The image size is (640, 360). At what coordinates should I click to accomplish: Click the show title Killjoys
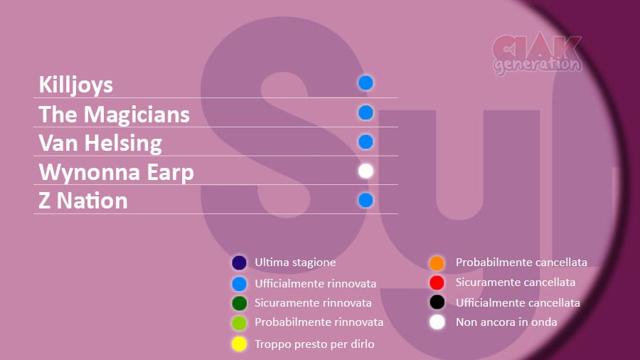(75, 85)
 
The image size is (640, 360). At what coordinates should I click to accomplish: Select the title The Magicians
(114, 115)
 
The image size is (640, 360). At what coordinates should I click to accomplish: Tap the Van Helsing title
(100, 144)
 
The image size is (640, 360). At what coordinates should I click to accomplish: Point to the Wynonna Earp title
(117, 173)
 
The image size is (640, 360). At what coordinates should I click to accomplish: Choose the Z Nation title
(83, 201)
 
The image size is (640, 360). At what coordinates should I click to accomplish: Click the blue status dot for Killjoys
(366, 83)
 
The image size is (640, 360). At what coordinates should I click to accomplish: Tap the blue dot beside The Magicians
(366, 112)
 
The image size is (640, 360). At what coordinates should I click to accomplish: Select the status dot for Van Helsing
(366, 142)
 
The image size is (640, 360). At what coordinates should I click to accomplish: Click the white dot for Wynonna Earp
(366, 171)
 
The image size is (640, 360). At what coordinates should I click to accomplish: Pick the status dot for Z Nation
(366, 201)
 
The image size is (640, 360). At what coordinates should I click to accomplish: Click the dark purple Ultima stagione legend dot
(239, 263)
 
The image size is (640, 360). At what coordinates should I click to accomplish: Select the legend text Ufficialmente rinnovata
(316, 284)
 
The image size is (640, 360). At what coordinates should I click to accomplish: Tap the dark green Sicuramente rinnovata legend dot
(239, 303)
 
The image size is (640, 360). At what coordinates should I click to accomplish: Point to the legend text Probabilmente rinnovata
(319, 322)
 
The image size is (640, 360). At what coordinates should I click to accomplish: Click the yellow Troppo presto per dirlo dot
(239, 344)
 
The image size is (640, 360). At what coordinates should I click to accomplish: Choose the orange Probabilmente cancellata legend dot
(437, 263)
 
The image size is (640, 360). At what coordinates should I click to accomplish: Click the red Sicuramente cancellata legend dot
(437, 282)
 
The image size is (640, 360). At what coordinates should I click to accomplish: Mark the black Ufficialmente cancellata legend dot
(437, 302)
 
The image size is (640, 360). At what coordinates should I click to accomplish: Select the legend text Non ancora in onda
(506, 322)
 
